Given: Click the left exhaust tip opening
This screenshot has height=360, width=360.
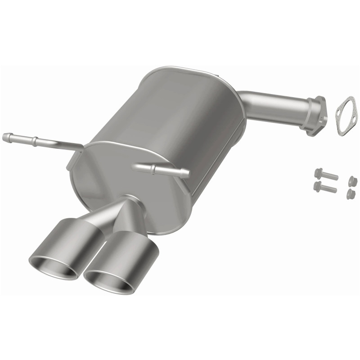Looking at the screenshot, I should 53,268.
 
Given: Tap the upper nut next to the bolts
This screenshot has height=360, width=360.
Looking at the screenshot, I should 353,181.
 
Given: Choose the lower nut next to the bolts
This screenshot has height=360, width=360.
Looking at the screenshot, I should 351,194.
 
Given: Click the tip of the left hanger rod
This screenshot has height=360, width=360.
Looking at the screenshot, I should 5,137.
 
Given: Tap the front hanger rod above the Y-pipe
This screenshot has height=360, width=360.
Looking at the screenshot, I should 162,170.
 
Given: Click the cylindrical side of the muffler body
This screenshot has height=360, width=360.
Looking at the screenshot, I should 189,112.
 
